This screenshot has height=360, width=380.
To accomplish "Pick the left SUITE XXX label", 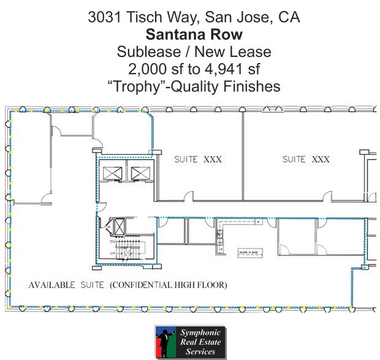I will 197,159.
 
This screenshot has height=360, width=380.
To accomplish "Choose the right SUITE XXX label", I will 306,159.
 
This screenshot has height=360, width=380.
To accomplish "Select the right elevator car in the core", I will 137,173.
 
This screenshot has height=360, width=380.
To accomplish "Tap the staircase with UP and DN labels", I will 125,250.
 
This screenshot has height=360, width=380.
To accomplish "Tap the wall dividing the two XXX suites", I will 243,156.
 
